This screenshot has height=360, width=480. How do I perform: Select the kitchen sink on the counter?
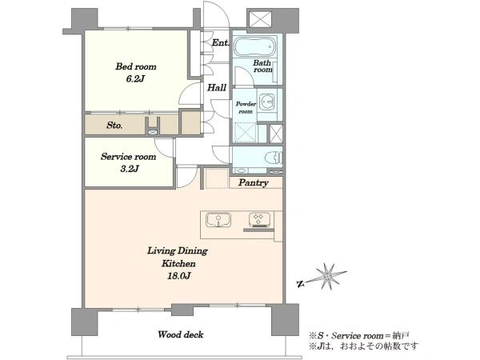218,220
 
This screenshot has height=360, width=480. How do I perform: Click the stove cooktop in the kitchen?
259,220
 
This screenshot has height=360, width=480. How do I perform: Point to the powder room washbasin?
266,101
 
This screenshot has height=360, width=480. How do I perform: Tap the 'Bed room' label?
136,66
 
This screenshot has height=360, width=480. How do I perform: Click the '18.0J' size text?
178,276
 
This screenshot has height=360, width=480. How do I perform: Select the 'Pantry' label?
253,182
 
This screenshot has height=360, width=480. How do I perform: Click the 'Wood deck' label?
180,334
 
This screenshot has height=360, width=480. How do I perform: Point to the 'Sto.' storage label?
114,126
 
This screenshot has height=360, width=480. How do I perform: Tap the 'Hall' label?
217,88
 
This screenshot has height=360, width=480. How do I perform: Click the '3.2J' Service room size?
130,169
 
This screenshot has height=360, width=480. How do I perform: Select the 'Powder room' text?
246,107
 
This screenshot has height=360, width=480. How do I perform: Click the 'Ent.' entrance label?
220,42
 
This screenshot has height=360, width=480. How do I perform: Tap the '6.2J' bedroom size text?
135,78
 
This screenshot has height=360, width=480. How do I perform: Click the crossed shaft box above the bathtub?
259,19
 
